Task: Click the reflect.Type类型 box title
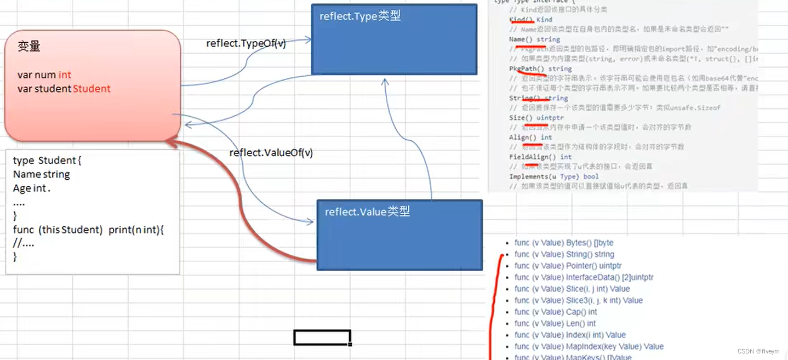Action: click(360, 16)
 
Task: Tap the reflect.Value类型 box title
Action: click(367, 212)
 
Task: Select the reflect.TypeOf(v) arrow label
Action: click(246, 43)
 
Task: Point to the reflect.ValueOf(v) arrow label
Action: click(271, 153)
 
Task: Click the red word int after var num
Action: click(65, 75)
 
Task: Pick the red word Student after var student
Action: click(92, 89)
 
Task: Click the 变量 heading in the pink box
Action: click(29, 47)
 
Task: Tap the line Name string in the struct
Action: click(42, 174)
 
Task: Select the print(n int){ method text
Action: click(136, 230)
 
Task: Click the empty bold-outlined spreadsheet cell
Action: click(322, 338)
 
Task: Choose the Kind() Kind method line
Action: click(530, 20)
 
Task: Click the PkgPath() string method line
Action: click(540, 69)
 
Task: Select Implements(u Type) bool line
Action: click(554, 176)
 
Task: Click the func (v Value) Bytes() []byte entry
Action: click(564, 243)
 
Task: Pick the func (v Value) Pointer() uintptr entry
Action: click(568, 266)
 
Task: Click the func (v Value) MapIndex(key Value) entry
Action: click(589, 346)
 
